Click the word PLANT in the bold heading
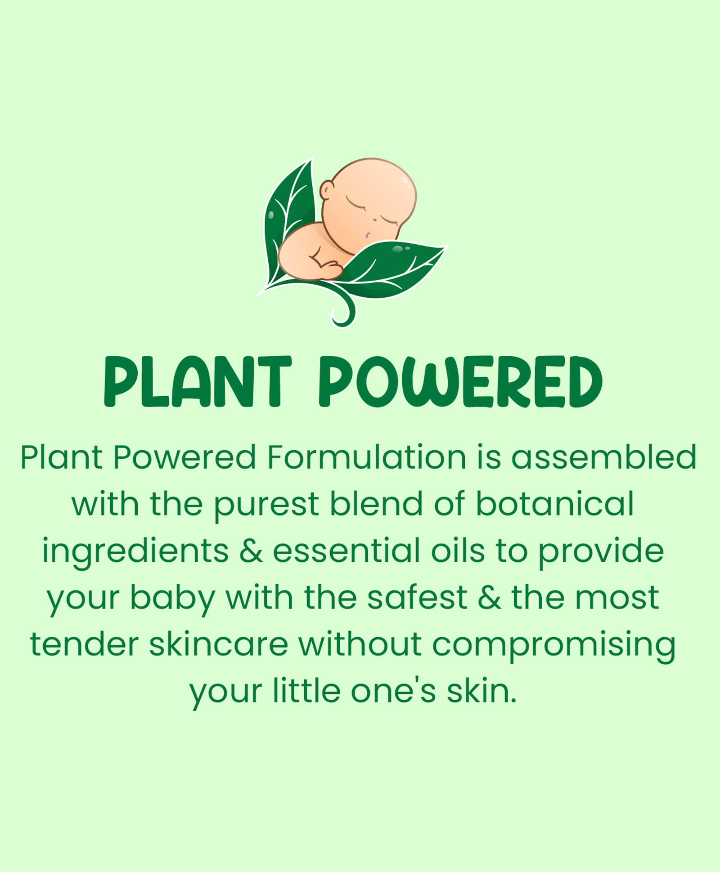click(x=198, y=382)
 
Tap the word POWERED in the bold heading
click(x=461, y=382)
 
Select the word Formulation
click(x=366, y=457)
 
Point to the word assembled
click(x=604, y=457)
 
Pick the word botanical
click(x=555, y=503)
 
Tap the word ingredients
click(x=135, y=551)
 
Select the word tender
click(x=84, y=644)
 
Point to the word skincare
click(x=219, y=644)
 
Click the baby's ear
click(x=326, y=190)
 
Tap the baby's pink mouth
click(x=368, y=235)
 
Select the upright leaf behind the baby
click(x=288, y=220)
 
